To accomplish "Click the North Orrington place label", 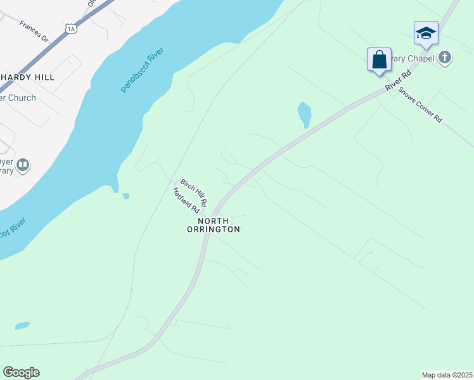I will (x=219, y=225).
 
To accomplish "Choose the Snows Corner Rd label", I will (x=420, y=103).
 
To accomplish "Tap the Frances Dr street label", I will (x=34, y=31).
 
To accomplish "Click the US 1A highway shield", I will (x=70, y=28).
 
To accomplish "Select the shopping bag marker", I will (x=380, y=60).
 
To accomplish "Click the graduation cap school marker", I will (x=426, y=32).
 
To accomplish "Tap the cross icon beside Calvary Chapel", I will (x=445, y=58).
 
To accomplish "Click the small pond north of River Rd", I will (x=305, y=114).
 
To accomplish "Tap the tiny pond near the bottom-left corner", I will (x=22, y=326).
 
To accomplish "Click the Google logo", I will (x=21, y=372).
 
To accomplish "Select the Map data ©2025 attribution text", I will (x=446, y=375).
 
